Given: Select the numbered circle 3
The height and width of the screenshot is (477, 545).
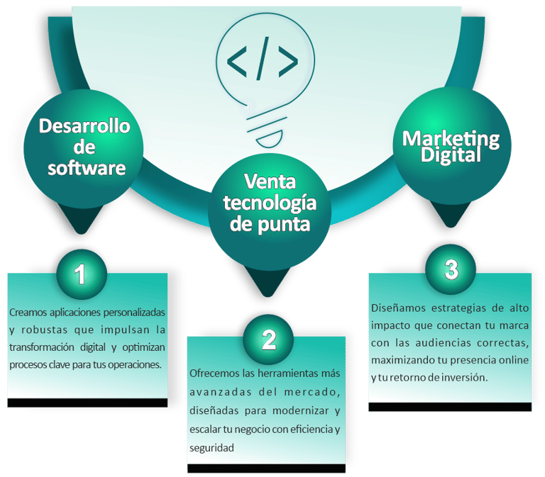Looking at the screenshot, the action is click(451, 269).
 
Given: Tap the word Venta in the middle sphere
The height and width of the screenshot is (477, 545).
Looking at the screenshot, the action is click(268, 181).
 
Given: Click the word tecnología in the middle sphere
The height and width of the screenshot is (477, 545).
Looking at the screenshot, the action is click(269, 203).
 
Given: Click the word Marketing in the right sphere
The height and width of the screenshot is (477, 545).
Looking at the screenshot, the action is click(451, 138).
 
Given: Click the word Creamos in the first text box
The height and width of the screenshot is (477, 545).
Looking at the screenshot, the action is click(29, 312).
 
